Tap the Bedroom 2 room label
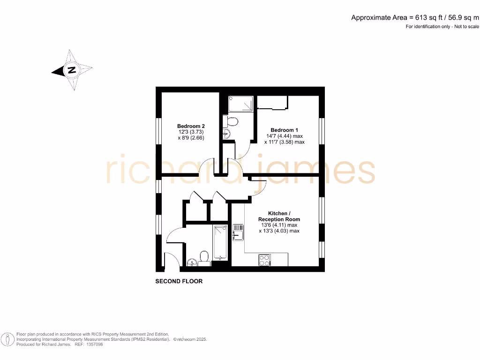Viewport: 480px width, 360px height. (191, 126)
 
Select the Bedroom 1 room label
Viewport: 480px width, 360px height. (284, 130)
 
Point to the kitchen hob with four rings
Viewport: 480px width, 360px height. (264, 260)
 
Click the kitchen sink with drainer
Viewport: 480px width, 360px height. (238, 232)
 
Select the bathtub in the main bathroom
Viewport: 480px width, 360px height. (220, 242)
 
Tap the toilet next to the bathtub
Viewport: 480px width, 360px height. (204, 256)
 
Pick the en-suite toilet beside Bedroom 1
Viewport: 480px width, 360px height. (232, 122)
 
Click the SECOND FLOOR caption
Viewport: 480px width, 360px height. (179, 282)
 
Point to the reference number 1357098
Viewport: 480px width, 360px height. (93, 344)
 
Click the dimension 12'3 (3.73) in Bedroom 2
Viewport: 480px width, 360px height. (191, 132)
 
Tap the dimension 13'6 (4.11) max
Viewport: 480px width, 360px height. (279, 225)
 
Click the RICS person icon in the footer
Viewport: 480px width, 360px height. (7, 338)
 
